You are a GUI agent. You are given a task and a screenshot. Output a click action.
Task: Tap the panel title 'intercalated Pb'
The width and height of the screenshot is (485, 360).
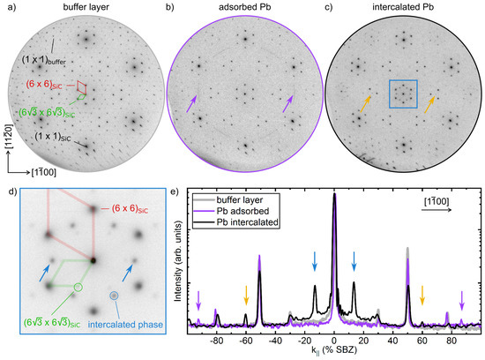pos(403,7)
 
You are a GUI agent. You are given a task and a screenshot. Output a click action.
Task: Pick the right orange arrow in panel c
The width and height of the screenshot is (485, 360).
pos(429,104)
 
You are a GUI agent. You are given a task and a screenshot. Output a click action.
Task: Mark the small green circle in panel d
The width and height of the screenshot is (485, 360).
pos(78,287)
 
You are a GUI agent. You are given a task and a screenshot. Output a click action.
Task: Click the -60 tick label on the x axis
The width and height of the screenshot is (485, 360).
pos(246,338)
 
